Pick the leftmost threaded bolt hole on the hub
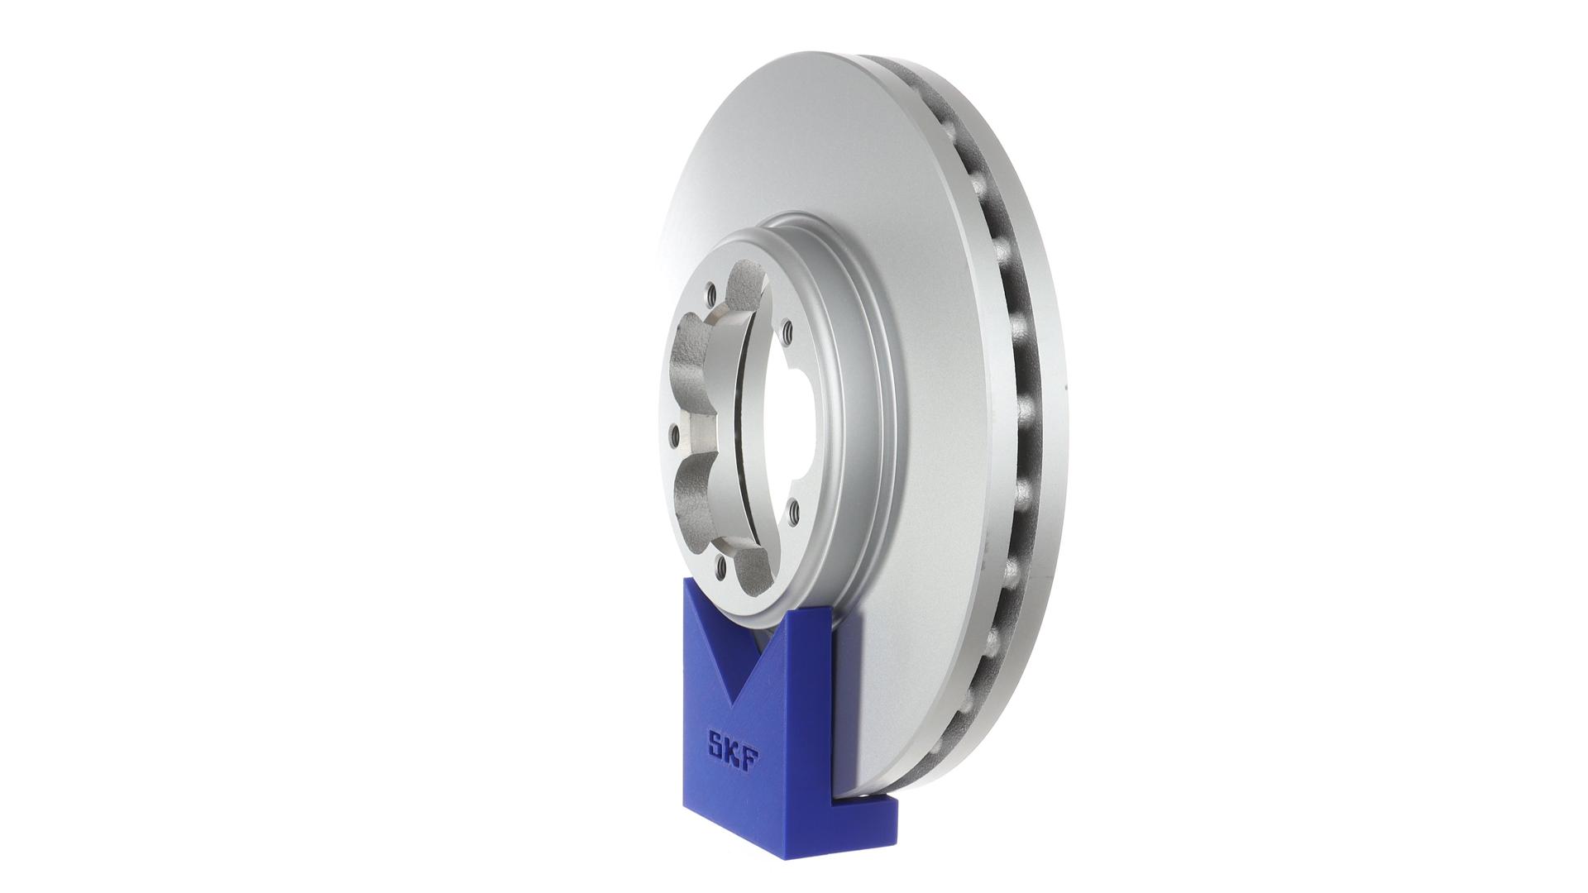click(674, 431)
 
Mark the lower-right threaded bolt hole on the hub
click(792, 513)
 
